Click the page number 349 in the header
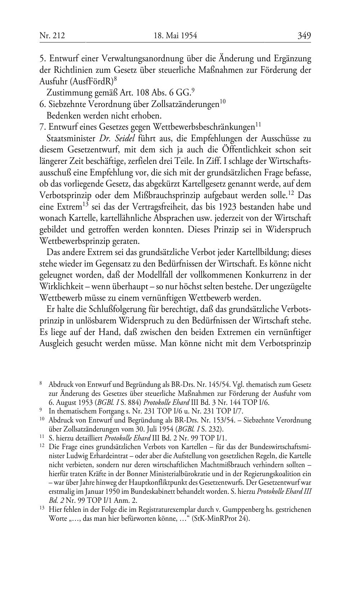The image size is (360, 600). [304, 36]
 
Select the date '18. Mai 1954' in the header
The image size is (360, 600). [175, 36]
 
